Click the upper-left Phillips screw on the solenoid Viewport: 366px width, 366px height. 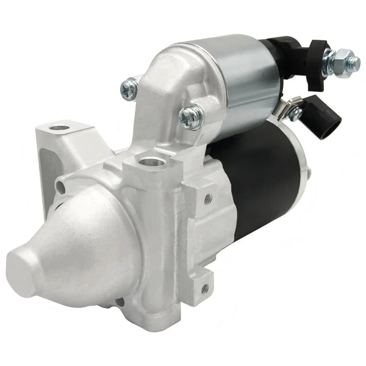[x=129, y=90]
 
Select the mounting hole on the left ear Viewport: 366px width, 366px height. [x=60, y=129]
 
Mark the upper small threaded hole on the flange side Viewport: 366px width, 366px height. [x=208, y=199]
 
